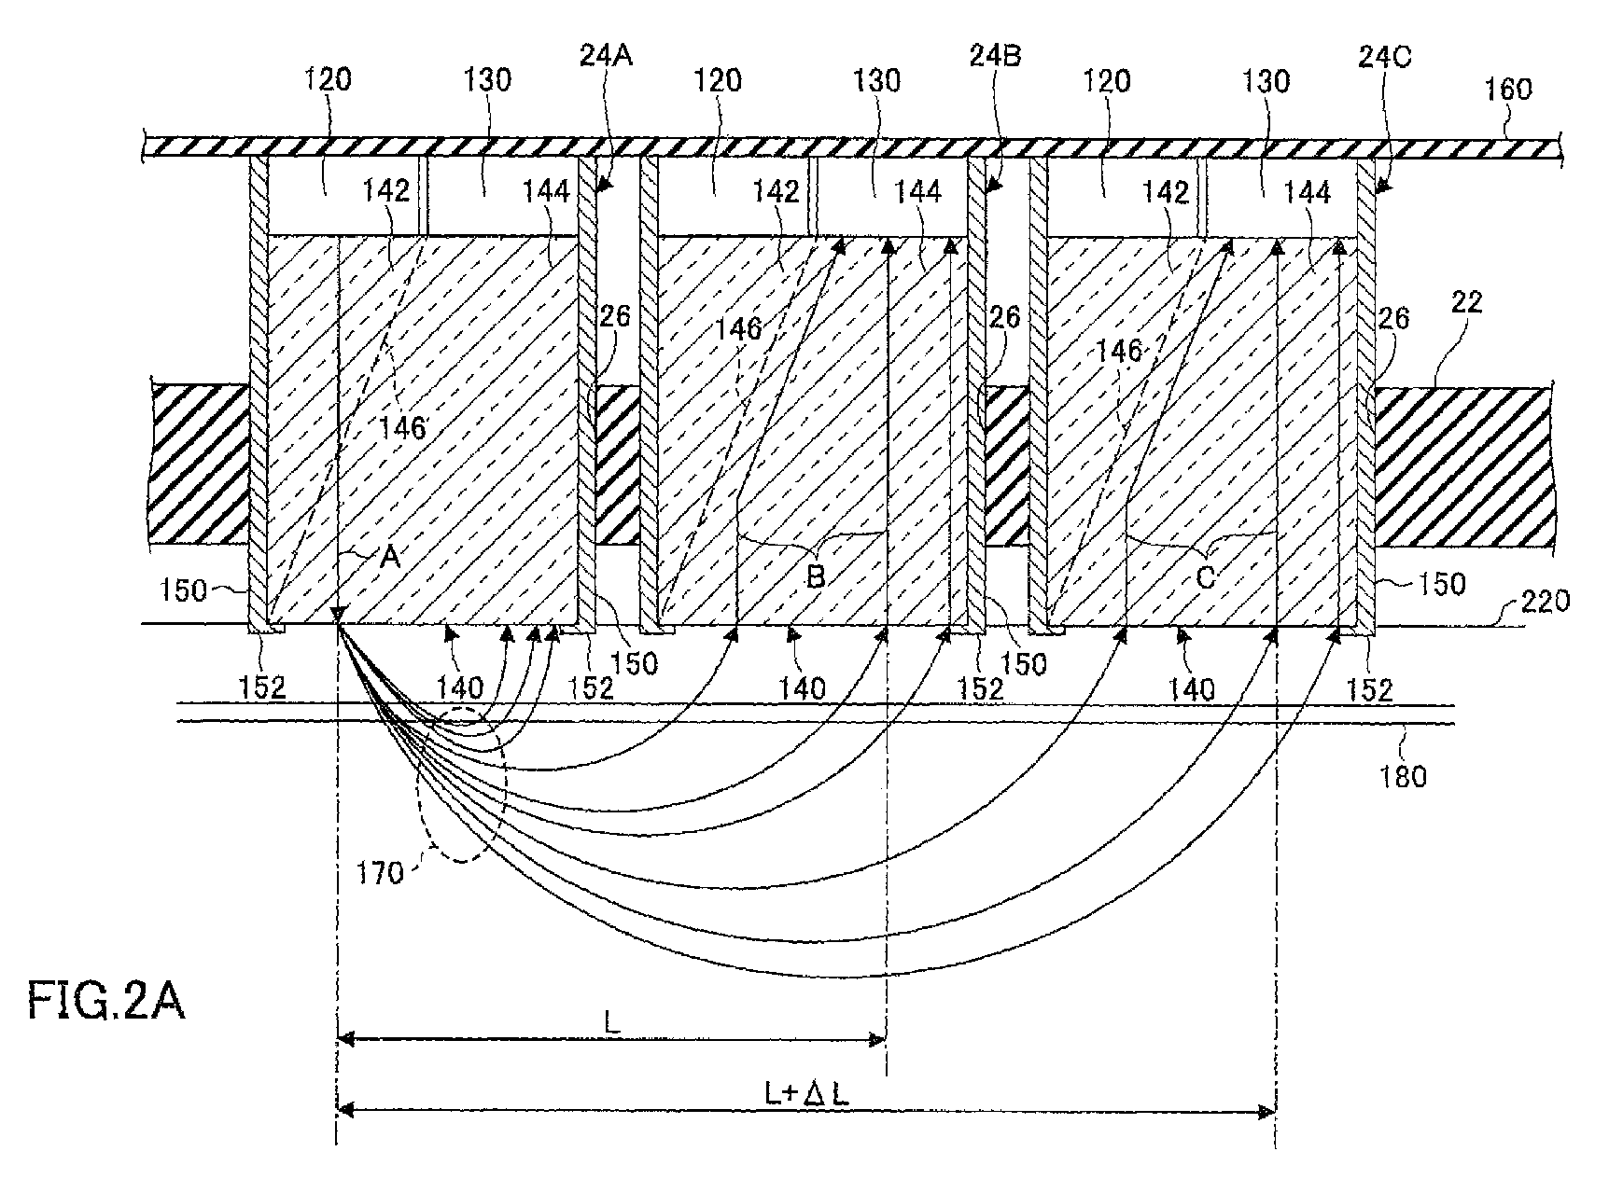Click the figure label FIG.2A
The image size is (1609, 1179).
click(105, 1004)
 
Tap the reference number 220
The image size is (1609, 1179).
click(1544, 600)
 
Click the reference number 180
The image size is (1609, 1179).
click(1402, 775)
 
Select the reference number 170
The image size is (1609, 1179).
click(379, 873)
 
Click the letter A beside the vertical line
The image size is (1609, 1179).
click(388, 558)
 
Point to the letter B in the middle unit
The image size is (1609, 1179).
click(815, 576)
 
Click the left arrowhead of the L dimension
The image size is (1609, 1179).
click(343, 1036)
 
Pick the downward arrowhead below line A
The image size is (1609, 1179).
click(338, 614)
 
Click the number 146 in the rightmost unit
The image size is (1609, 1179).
click(1118, 351)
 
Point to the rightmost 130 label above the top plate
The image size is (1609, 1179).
click(1266, 81)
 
